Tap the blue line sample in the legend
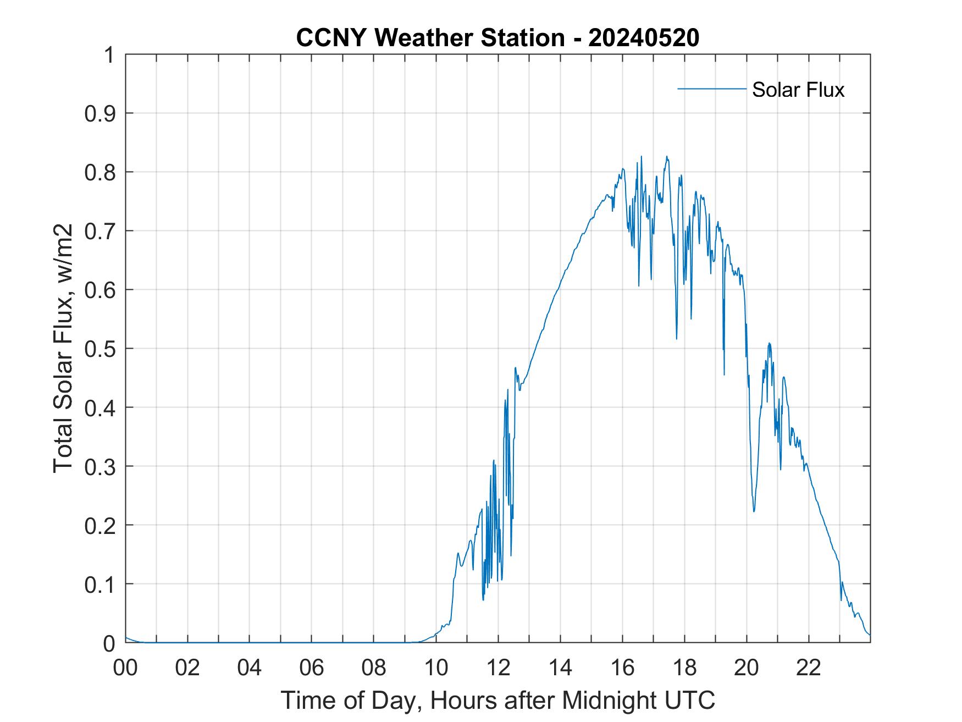point(711,89)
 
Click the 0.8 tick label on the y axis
point(101,173)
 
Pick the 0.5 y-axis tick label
point(101,349)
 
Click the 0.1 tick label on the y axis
point(101,585)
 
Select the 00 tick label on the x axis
point(125,668)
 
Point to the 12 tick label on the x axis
point(498,668)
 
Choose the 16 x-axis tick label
point(622,668)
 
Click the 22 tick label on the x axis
point(809,668)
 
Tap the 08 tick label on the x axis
point(374,668)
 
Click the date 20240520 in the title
point(644,38)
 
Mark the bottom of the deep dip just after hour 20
point(754,511)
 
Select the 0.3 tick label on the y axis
point(101,467)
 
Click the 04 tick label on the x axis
point(250,668)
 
